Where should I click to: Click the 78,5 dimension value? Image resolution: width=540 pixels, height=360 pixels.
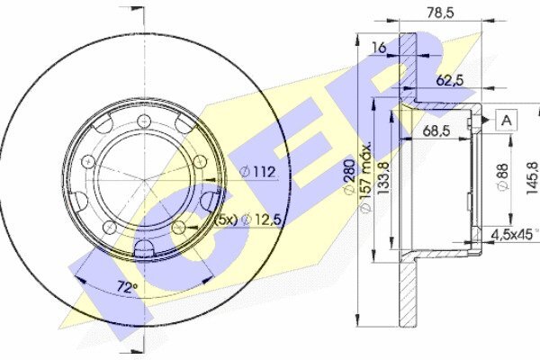coord(440,13)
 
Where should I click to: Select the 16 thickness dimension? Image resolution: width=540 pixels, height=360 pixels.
coord(379,48)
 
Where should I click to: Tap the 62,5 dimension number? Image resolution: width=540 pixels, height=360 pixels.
coord(450,81)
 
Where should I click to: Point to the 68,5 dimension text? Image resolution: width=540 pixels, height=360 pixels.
coord(436,130)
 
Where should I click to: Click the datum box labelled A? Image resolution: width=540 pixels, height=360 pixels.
coord(506,121)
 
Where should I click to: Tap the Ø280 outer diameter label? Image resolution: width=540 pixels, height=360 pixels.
coord(349,176)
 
